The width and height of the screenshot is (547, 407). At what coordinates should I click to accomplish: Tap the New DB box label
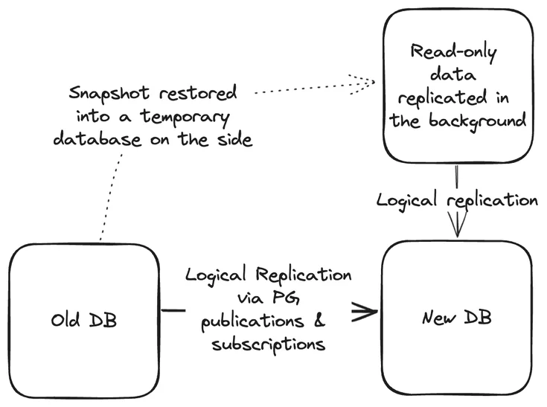coord(457,318)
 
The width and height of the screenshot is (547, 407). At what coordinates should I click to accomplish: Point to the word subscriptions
coord(268,344)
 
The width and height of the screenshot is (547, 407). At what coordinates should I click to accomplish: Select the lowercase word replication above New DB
coord(492,200)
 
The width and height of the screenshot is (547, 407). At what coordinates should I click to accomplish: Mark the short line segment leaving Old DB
coord(173,310)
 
